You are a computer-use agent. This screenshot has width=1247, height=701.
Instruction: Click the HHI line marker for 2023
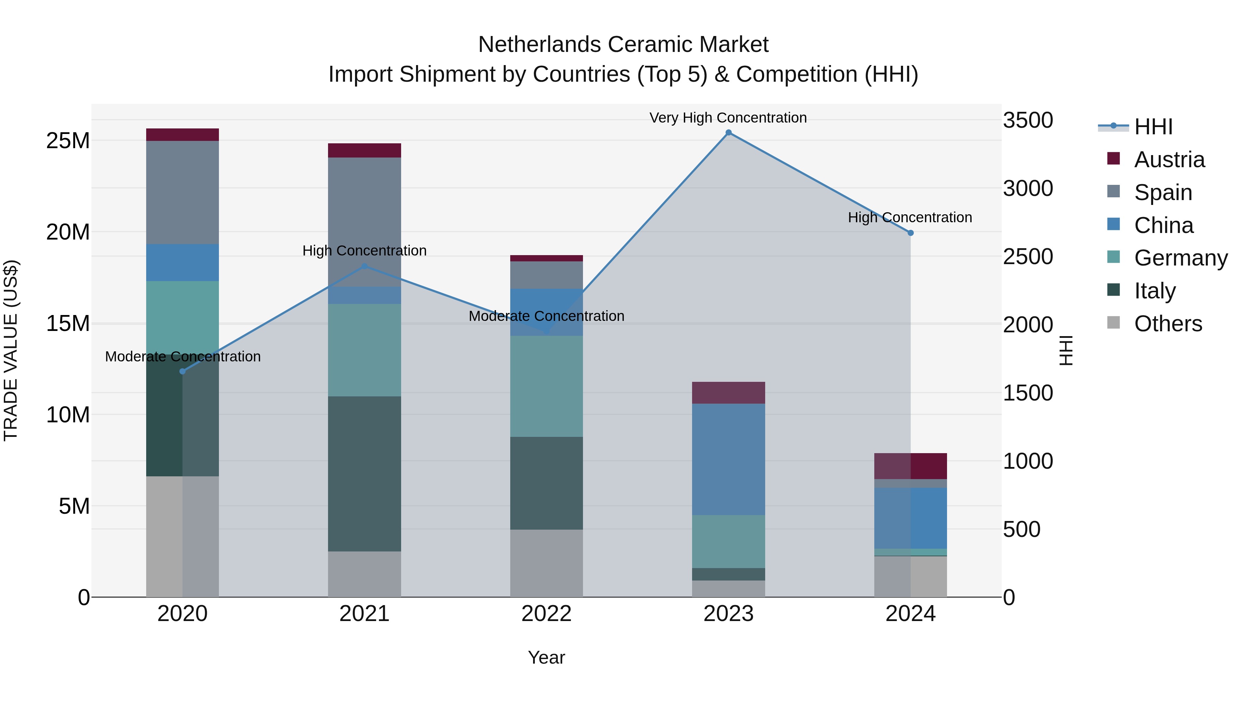[728, 133]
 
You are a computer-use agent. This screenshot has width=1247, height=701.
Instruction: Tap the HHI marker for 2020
[183, 371]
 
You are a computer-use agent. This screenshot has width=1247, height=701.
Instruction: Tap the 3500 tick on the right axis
[1028, 120]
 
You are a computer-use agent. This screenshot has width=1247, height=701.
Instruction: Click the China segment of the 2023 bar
[728, 460]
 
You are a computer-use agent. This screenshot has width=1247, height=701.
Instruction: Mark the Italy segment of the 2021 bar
[364, 474]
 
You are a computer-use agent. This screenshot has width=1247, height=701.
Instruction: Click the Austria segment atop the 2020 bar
[183, 135]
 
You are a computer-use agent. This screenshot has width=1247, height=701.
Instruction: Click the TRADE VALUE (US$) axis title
[11, 351]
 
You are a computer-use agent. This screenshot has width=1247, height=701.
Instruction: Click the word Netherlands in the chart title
[539, 45]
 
